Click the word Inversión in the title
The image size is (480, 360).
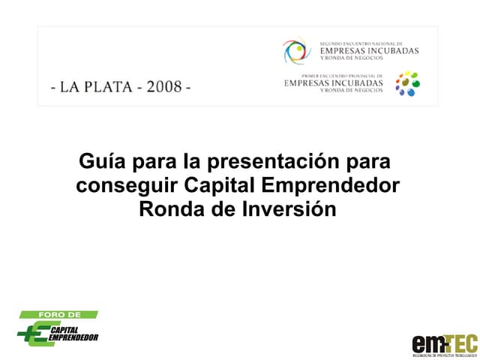coord(289,208)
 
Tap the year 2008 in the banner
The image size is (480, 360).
coord(164,86)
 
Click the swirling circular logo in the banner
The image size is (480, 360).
coord(296,51)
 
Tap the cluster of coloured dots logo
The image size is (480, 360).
coord(407,84)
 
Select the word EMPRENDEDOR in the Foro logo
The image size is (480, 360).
coord(73,338)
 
